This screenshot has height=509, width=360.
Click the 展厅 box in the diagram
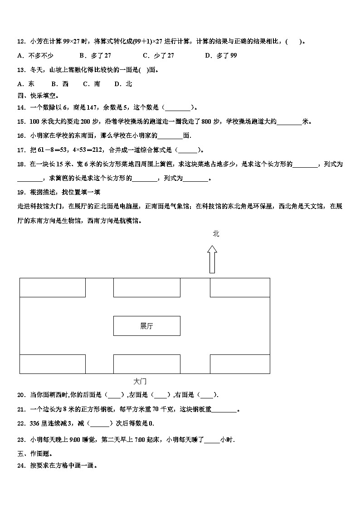pyautogui.click(x=146, y=326)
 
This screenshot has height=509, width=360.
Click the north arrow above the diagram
pyautogui.click(x=212, y=259)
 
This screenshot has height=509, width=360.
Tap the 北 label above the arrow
pyautogui.click(x=216, y=233)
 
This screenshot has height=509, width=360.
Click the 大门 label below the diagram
pyautogui.click(x=140, y=382)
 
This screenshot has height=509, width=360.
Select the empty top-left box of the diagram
pyautogui.click(x=53, y=287)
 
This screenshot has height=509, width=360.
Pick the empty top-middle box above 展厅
pyautogui.click(x=146, y=287)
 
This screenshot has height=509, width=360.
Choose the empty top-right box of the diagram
pyautogui.click(x=239, y=287)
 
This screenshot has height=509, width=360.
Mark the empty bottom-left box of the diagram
pyautogui.click(x=53, y=364)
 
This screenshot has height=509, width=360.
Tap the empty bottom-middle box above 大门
pyautogui.click(x=146, y=364)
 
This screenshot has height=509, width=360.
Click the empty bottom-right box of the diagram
pyautogui.click(x=239, y=364)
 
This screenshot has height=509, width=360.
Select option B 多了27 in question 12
pyautogui.click(x=95, y=56)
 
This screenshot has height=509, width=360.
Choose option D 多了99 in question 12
pyautogui.click(x=221, y=56)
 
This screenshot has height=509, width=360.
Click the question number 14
pyautogui.click(x=21, y=107)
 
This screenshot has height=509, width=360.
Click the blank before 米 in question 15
pyautogui.click(x=289, y=121)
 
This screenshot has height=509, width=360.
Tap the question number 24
pyautogui.click(x=21, y=465)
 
